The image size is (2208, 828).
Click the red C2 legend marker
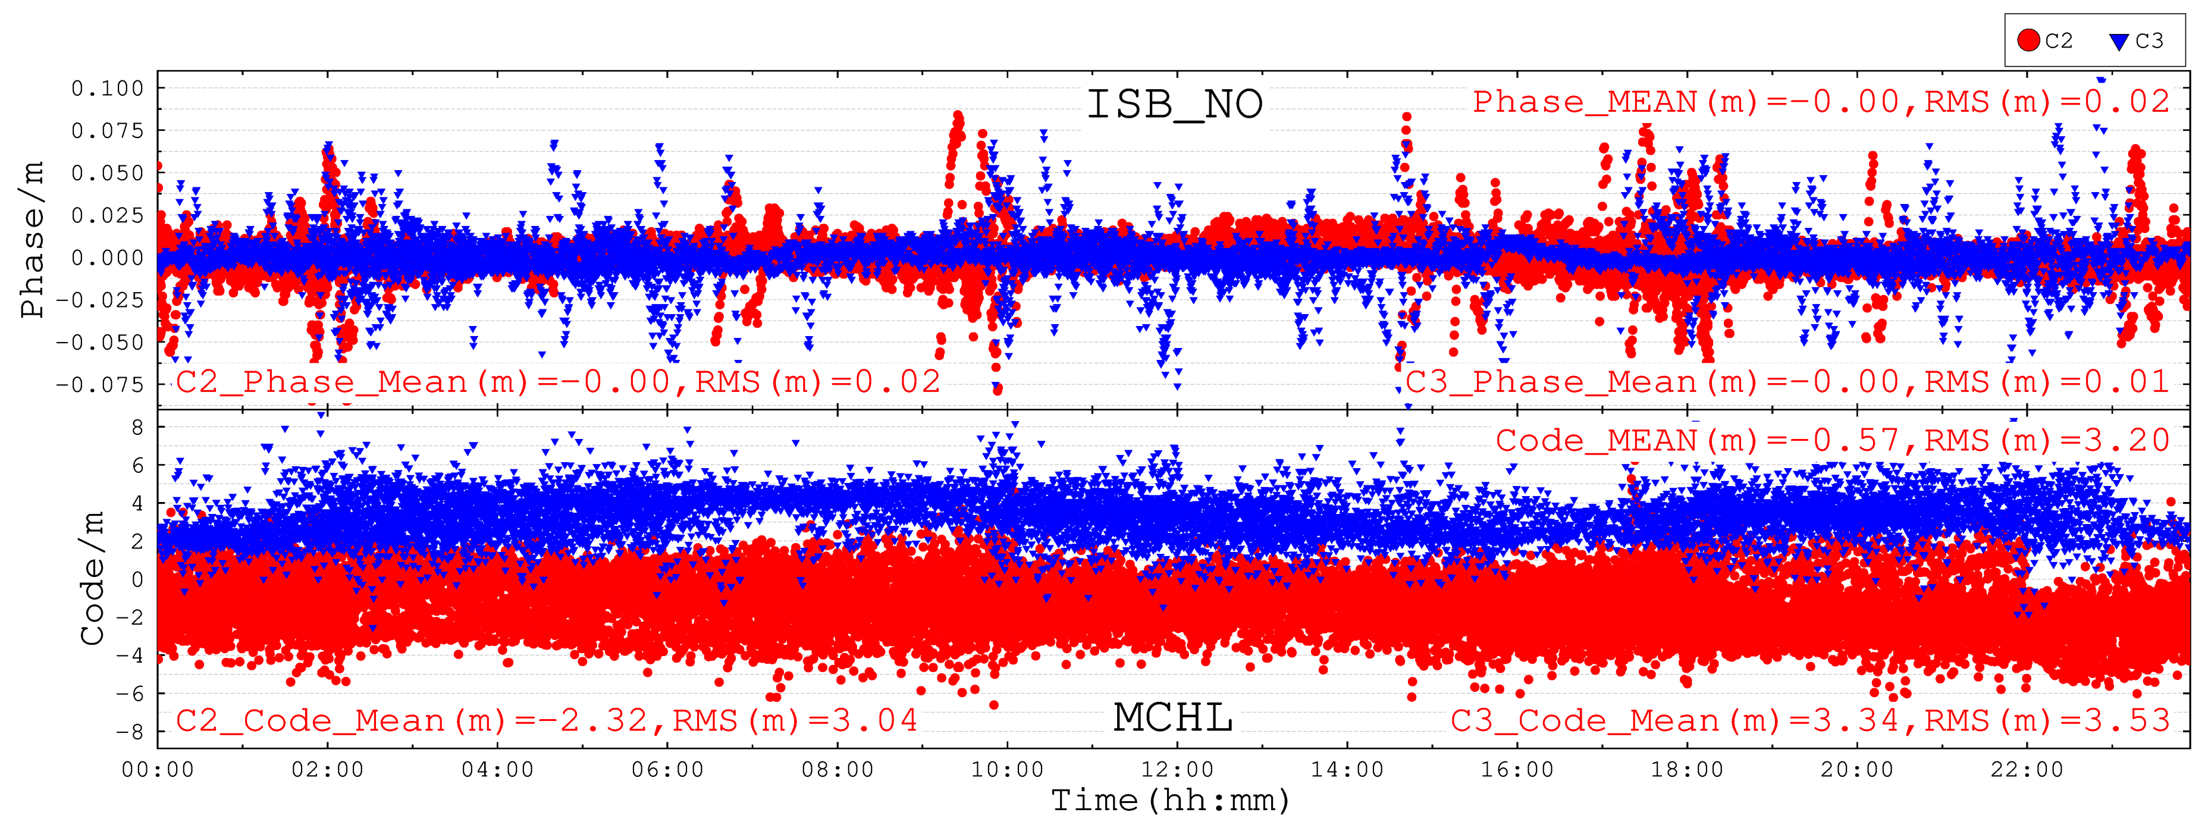2028,40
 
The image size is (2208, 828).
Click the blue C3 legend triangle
2119,41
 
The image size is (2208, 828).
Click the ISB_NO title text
1174,105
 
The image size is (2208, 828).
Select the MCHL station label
1172,717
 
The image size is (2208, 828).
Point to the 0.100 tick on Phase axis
107,88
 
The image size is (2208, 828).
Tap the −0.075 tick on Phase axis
101,384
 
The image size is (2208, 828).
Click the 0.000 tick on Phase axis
107,257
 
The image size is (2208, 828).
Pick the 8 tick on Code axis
137,427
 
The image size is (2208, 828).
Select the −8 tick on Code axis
130,731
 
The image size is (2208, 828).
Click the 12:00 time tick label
1177,769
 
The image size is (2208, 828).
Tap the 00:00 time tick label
158,769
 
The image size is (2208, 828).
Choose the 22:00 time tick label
2027,769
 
